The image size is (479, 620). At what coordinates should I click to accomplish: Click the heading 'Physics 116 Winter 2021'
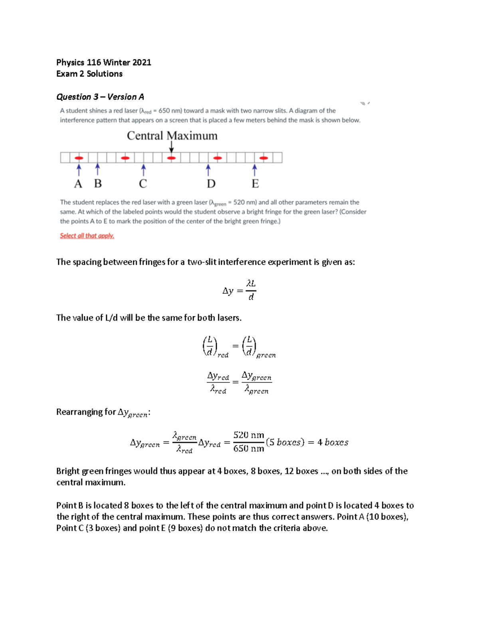103,62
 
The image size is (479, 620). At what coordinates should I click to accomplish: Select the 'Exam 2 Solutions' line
89,74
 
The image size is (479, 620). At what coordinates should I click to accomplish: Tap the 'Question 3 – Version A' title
100,97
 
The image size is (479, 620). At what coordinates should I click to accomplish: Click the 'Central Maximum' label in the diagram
172,136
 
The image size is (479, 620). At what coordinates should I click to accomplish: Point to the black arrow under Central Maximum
171,147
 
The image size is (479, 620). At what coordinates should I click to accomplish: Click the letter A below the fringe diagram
78,184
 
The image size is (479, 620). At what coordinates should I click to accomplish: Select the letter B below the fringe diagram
98,184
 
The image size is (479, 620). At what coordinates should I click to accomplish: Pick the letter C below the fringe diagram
143,184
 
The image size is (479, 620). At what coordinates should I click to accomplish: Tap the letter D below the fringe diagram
211,184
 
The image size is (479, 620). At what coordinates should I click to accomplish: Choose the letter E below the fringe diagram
255,184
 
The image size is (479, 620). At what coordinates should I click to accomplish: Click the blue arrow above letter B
97,169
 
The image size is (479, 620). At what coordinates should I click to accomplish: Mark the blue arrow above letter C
143,170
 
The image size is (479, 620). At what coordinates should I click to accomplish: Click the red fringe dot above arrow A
79,158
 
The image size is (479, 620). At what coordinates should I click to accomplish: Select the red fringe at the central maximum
171,158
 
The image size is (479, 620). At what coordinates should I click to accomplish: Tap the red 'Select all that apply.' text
87,236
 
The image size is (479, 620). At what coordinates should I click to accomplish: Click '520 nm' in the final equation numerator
249,435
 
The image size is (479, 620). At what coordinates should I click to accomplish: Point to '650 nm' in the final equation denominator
249,449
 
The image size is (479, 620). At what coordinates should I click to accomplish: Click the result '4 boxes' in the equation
333,442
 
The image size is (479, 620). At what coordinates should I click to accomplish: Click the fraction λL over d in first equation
251,290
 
